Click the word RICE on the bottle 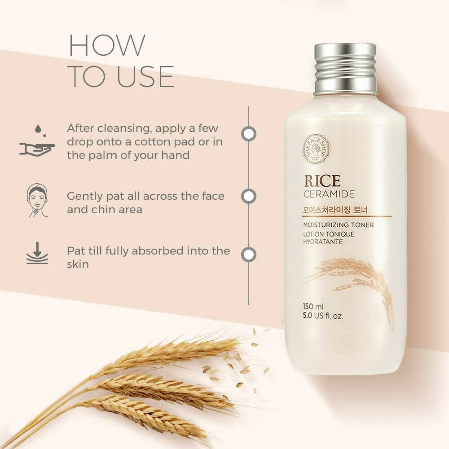click(322, 181)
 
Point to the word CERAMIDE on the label click(329, 194)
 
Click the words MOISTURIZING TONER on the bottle click(339, 225)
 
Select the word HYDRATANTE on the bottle click(323, 242)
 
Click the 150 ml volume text click(313, 306)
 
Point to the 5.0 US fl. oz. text click(323, 316)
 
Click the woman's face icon click(38, 200)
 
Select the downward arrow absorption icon click(37, 253)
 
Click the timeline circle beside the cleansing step click(249, 134)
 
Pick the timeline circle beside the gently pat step click(249, 196)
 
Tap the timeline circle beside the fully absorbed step click(249, 255)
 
